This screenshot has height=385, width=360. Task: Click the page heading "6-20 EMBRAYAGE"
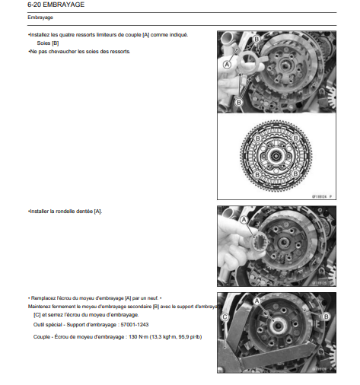(x=56, y=5)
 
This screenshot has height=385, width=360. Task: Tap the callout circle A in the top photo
(x=227, y=65)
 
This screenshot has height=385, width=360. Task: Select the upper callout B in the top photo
(x=256, y=39)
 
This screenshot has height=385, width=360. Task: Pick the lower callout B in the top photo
(x=239, y=103)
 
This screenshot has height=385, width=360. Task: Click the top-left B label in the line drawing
(x=258, y=138)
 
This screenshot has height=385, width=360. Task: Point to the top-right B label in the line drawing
(x=295, y=138)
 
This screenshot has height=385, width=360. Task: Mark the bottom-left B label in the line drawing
(x=257, y=175)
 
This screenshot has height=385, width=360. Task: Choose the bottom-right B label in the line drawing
(x=295, y=174)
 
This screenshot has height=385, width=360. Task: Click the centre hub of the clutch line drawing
(x=276, y=156)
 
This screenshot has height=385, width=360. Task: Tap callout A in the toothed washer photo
(x=244, y=220)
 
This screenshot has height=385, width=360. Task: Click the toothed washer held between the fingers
(x=260, y=245)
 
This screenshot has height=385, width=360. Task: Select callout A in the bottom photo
(x=257, y=301)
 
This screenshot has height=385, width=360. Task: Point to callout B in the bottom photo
(x=327, y=317)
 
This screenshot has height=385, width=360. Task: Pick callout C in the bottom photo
(x=225, y=317)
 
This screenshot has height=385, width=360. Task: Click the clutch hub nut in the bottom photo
(x=278, y=326)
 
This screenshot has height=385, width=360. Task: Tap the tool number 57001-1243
(x=135, y=325)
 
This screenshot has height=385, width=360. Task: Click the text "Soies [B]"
(x=48, y=43)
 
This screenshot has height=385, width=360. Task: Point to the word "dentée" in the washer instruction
(x=84, y=212)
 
